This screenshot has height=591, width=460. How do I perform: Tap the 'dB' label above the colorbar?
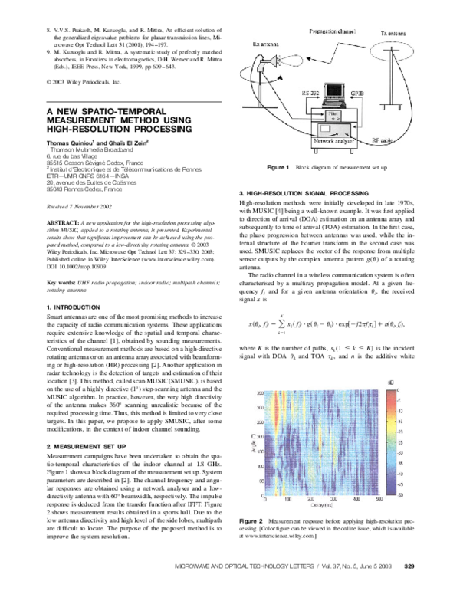tap(412, 381)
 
